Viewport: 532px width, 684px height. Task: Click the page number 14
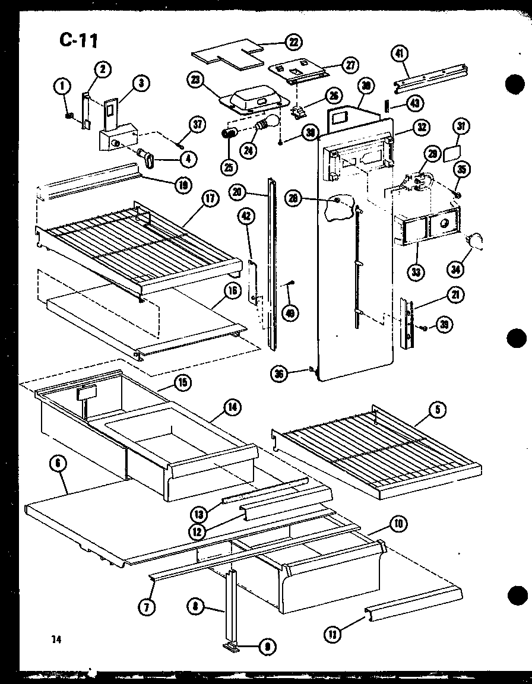56,639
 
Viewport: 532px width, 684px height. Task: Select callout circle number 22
293,42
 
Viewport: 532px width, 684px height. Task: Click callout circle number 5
438,408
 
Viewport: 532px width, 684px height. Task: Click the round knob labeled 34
474,240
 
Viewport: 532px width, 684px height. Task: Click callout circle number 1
61,87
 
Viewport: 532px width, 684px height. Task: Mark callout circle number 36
279,373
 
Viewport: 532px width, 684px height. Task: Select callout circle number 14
230,407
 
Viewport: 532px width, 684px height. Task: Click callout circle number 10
397,523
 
